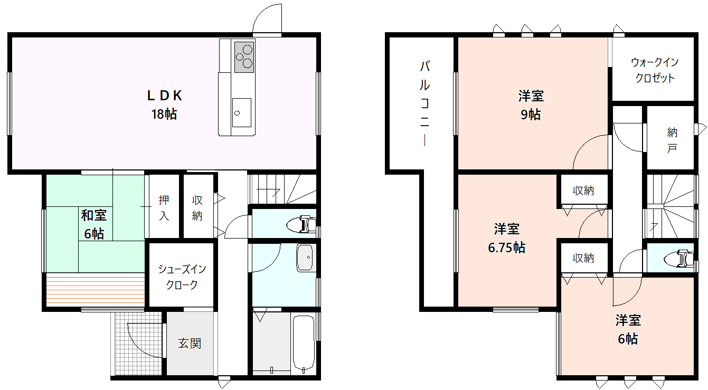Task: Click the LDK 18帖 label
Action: (164, 104)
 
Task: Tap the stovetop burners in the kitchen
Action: (244, 57)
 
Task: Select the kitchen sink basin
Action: (242, 112)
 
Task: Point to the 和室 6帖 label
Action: (94, 224)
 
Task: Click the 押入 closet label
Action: (164, 207)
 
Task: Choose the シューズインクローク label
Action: (182, 277)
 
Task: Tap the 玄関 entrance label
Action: (190, 343)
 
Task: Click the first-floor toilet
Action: (301, 224)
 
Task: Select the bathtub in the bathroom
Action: (304, 343)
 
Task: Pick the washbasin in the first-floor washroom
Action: (305, 258)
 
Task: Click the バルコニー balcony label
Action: (425, 103)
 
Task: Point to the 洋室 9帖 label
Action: (531, 105)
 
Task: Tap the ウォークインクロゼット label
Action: (655, 70)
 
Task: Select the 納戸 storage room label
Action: (672, 140)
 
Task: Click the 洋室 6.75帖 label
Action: (507, 238)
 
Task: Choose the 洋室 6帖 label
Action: (628, 329)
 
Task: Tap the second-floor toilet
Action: (679, 259)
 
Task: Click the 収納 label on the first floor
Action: (197, 207)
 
